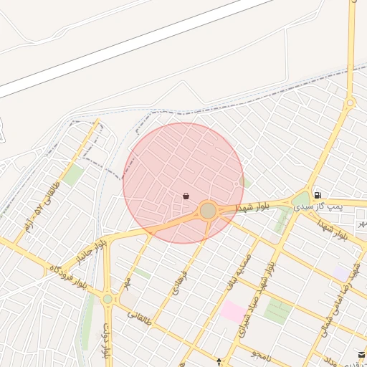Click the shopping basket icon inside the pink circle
186,196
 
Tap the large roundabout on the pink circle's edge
208,211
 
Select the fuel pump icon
317,195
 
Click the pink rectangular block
232,311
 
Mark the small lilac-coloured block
338,273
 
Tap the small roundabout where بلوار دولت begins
108,298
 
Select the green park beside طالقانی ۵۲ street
72,175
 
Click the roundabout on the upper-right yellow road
350,103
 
